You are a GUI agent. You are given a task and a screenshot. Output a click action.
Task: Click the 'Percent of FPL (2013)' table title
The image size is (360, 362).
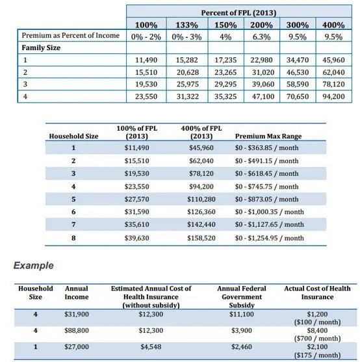[x=238, y=13]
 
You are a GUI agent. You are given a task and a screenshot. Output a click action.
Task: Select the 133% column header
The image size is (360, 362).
[x=187, y=25]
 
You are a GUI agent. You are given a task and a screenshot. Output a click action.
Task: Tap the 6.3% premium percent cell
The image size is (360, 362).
[x=261, y=37]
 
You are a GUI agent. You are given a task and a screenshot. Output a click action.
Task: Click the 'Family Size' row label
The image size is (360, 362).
[x=41, y=48]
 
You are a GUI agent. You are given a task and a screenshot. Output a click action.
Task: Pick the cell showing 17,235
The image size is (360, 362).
[x=225, y=60]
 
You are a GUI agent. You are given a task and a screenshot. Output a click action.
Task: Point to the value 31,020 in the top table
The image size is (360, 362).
[x=263, y=72]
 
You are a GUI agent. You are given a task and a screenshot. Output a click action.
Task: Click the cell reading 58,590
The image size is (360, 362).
[x=298, y=84]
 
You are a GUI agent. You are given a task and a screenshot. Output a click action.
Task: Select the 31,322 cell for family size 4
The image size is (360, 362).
[x=188, y=96]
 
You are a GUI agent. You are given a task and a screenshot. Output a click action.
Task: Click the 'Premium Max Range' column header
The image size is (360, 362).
[x=268, y=136]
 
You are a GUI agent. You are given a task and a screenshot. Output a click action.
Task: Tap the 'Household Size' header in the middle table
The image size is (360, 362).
[x=73, y=136]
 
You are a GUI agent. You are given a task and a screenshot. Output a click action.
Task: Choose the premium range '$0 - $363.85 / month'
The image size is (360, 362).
[x=267, y=148]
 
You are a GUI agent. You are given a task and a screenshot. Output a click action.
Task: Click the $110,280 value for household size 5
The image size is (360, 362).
[x=201, y=199]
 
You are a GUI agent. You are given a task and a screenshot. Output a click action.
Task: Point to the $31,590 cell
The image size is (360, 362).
[x=137, y=212]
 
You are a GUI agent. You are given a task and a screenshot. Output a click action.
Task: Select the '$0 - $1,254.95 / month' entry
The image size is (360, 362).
[x=269, y=238]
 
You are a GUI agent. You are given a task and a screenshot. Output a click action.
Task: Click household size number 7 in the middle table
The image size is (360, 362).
[x=73, y=224]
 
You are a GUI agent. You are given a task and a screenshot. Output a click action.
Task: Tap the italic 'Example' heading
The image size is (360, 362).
[x=33, y=266]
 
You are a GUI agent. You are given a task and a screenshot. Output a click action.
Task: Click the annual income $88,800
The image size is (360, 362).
[x=77, y=330]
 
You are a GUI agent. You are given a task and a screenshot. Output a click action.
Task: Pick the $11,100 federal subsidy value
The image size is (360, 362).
[x=242, y=314]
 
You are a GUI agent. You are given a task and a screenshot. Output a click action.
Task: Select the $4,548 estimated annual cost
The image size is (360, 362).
[x=151, y=347]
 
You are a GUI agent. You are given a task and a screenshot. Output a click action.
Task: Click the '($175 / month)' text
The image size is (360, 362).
[x=317, y=355]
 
